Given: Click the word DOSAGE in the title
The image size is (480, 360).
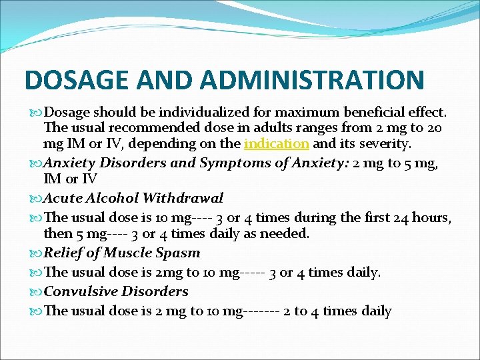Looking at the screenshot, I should coord(76,79).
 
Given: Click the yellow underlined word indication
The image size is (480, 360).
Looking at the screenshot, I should coord(277,143).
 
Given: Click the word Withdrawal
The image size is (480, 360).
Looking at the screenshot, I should coord(183,198).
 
